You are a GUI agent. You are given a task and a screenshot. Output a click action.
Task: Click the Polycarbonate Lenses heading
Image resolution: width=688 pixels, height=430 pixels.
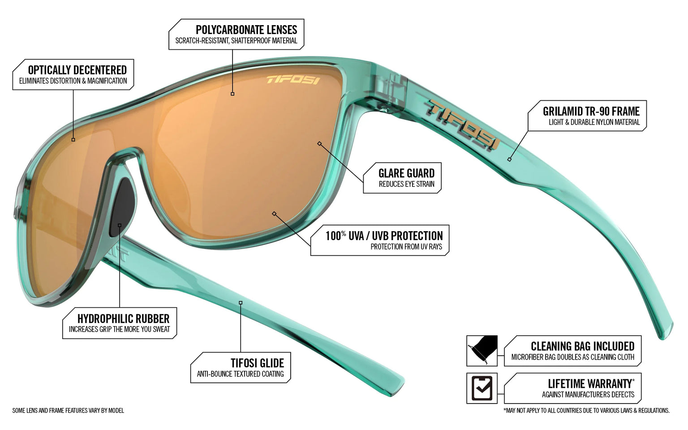(x=246, y=30)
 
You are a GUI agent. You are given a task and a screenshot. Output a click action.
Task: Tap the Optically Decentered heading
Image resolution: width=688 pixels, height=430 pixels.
(x=77, y=70)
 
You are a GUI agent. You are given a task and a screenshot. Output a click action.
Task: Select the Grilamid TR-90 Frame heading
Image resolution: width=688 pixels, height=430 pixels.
(x=591, y=111)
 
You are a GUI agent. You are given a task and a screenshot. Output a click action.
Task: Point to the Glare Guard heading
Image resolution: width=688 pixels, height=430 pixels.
(x=406, y=173)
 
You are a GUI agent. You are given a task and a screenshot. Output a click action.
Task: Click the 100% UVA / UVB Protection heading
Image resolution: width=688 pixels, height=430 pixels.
(x=384, y=236)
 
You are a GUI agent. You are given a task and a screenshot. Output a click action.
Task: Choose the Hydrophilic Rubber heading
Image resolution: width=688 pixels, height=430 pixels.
(x=124, y=318)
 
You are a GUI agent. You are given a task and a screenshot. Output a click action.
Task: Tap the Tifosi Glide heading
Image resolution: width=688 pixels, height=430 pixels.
(x=258, y=363)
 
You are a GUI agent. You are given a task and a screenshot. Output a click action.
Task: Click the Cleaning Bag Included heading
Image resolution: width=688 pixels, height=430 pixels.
(x=583, y=346)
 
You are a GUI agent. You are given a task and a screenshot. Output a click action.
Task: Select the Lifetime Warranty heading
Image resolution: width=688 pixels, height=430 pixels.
(x=591, y=383)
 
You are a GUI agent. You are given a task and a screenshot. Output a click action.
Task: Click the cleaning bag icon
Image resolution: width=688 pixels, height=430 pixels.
(x=482, y=350)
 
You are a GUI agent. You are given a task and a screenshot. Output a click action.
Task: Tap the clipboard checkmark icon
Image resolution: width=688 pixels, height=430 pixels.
(x=482, y=388)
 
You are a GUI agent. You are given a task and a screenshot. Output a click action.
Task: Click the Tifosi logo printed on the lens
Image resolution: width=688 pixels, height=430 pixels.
(x=293, y=80)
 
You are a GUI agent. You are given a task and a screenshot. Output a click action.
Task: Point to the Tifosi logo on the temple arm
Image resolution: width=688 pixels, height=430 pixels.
(x=462, y=125)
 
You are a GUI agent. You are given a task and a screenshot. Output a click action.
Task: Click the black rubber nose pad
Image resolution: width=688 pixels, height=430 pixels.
(x=122, y=207)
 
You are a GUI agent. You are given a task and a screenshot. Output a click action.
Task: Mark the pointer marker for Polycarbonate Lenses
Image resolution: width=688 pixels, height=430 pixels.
(x=232, y=94)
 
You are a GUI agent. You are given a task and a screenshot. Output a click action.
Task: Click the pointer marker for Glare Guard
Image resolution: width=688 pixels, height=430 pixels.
(x=319, y=143)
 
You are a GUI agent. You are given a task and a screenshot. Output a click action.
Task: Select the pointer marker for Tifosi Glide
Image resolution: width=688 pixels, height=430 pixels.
(x=241, y=303)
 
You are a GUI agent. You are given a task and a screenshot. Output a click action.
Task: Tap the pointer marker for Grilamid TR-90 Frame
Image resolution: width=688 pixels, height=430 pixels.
(x=509, y=159)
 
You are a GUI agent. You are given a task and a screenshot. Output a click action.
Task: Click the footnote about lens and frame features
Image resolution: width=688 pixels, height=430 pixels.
(x=68, y=411)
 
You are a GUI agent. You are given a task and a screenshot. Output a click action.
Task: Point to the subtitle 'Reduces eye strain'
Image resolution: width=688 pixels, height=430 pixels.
(x=407, y=184)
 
